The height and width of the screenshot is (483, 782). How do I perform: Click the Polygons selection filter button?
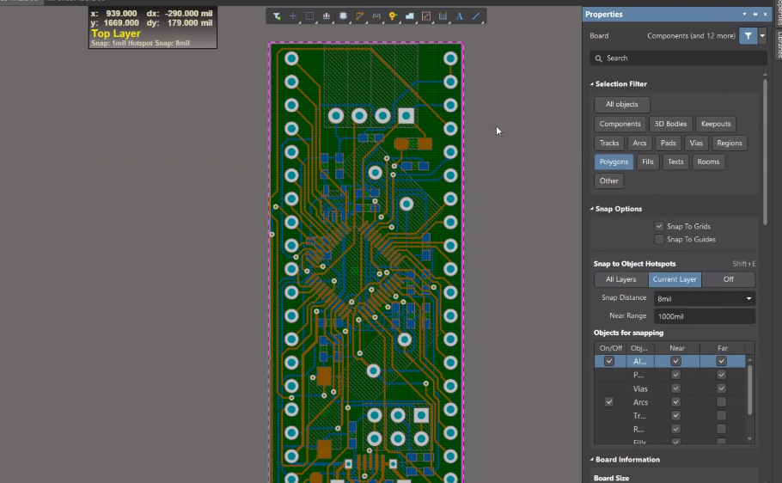click(614, 162)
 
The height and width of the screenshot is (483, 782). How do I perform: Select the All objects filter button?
click(621, 105)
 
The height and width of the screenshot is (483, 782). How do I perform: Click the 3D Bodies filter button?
click(669, 124)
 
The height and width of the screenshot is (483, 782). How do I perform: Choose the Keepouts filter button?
click(715, 124)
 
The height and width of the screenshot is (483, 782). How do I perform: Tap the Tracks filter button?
click(609, 143)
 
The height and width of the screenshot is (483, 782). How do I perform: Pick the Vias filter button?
click(695, 143)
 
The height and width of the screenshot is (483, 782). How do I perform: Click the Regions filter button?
click(729, 143)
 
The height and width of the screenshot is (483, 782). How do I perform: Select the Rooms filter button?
click(708, 162)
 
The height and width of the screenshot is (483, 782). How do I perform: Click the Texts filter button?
click(675, 162)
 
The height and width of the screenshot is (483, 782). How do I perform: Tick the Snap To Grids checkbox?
click(659, 226)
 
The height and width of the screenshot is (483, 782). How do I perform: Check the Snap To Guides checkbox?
click(659, 240)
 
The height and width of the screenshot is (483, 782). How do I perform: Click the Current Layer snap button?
click(675, 279)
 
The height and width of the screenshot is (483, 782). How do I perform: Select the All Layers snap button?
click(620, 279)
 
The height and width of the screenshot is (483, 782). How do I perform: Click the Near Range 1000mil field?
click(703, 316)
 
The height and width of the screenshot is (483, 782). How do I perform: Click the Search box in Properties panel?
click(678, 58)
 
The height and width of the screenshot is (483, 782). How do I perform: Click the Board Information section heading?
click(627, 460)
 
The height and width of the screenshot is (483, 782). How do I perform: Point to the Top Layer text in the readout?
click(116, 34)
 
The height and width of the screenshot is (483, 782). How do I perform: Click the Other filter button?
click(608, 180)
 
